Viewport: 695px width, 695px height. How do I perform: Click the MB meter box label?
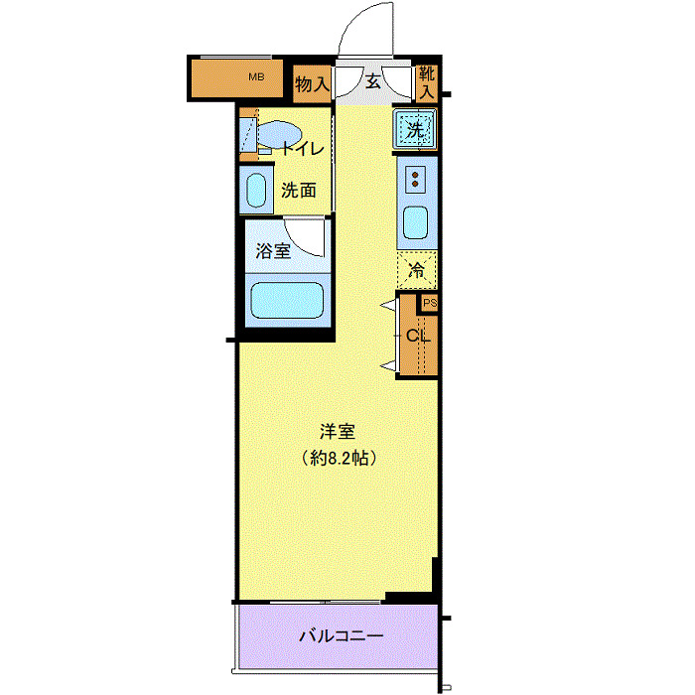[x=256, y=76]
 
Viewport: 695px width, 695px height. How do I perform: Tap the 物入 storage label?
[x=312, y=84]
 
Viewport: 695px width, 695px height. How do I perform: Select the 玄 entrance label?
[x=373, y=82]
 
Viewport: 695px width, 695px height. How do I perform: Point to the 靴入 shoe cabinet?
[x=426, y=81]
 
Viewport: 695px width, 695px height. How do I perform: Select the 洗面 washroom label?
[x=297, y=190]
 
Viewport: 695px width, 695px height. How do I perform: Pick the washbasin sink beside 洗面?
[x=256, y=190]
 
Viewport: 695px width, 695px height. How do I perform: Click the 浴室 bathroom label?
[x=273, y=251]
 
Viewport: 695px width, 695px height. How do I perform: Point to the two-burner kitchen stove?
[x=415, y=180]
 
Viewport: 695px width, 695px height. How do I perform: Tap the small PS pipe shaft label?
[x=430, y=304]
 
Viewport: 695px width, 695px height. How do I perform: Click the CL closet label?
[x=418, y=336]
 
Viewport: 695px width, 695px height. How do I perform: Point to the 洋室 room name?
[x=338, y=433]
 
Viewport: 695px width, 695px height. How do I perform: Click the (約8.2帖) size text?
[x=338, y=459]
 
